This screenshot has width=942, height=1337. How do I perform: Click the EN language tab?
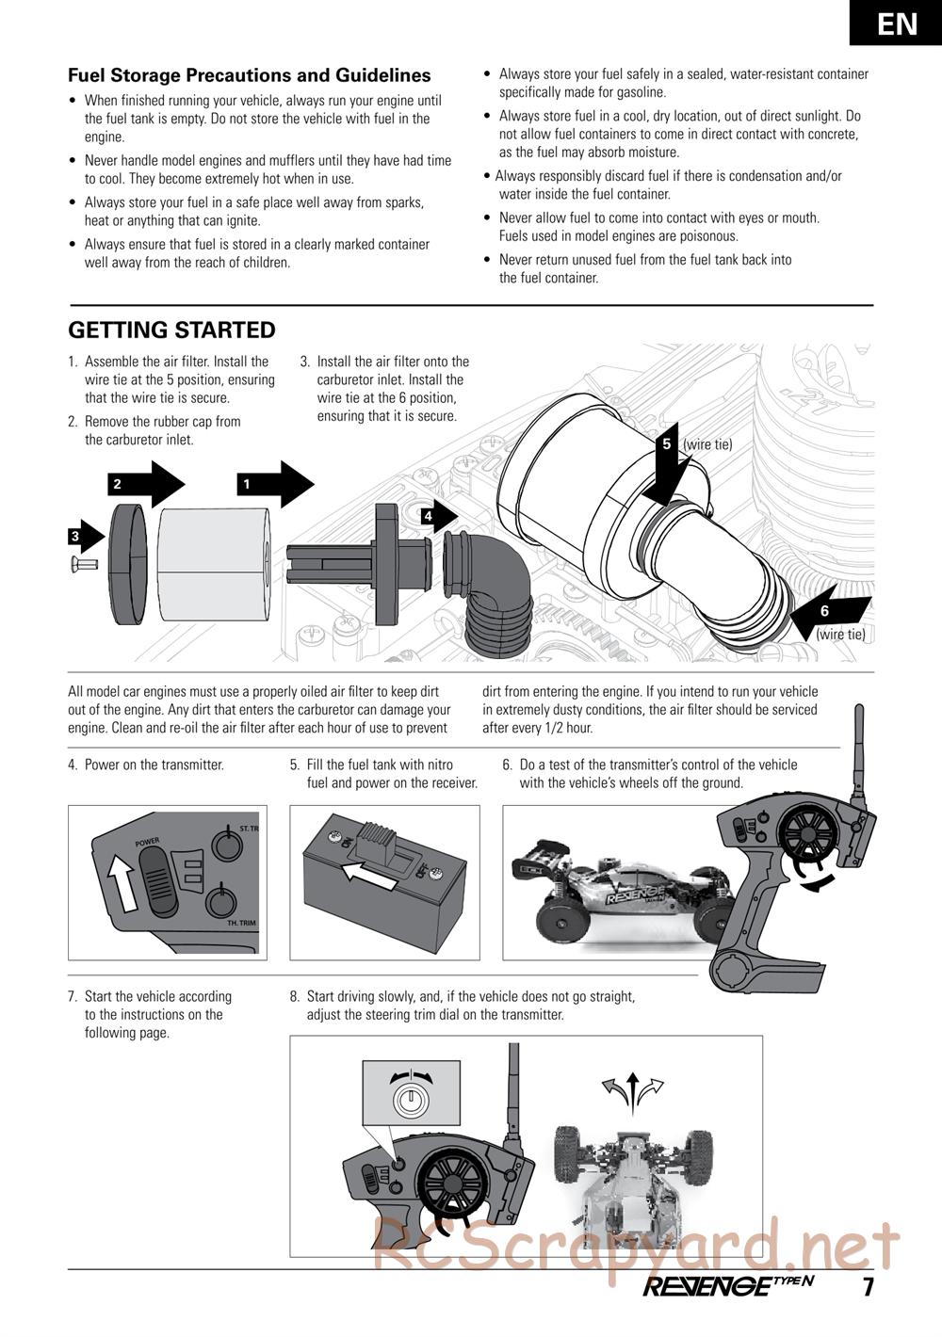[x=896, y=23]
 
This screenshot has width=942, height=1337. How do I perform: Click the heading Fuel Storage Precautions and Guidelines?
[x=250, y=75]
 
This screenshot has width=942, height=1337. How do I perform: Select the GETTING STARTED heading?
[x=171, y=330]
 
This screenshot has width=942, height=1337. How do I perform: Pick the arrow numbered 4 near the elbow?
[x=439, y=516]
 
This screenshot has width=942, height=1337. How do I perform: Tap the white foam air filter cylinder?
[x=214, y=567]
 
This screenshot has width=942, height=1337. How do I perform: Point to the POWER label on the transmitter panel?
[x=147, y=841]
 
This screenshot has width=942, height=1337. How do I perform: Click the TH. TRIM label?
[x=241, y=924]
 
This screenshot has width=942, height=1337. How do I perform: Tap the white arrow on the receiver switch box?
[x=369, y=873]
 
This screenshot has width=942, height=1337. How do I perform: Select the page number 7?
[x=869, y=1287]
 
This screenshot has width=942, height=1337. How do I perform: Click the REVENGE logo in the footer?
[x=728, y=1286]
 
